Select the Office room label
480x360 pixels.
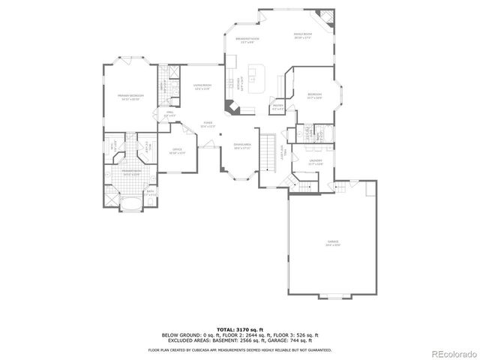pyautogui.click(x=178, y=151)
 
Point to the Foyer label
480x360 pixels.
pyautogui.click(x=208, y=124)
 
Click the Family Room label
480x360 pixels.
pyautogui.click(x=302, y=35)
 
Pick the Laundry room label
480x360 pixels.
pyautogui.click(x=316, y=162)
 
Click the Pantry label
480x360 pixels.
pyautogui.click(x=277, y=107)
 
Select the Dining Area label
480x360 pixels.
pyautogui.click(x=241, y=147)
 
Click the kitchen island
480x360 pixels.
pyautogui.click(x=255, y=75)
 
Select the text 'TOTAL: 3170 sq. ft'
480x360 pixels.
pyautogui.click(x=239, y=329)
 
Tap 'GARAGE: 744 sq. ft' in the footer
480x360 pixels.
pyautogui.click(x=298, y=340)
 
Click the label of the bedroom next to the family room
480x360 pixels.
pyautogui.click(x=314, y=95)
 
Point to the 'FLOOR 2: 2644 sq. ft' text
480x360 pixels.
pyautogui.click(x=239, y=334)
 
